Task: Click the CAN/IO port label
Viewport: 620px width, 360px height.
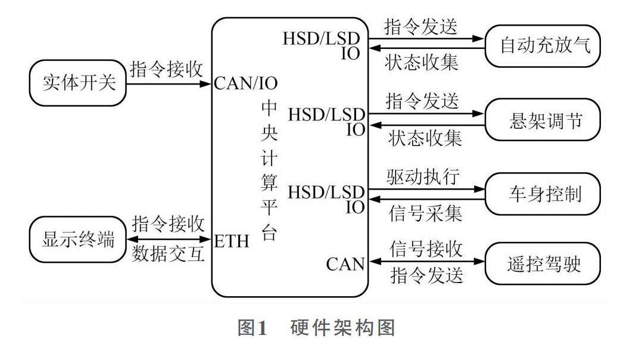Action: [245, 83]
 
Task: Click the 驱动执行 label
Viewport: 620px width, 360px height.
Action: [424, 176]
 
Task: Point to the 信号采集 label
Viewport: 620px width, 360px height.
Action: [424, 213]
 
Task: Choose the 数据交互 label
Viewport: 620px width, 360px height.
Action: [169, 255]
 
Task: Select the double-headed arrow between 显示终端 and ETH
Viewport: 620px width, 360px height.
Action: [167, 240]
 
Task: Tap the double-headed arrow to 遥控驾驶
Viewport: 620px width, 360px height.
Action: [426, 262]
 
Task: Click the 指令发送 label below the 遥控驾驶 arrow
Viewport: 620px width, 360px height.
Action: [424, 278]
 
